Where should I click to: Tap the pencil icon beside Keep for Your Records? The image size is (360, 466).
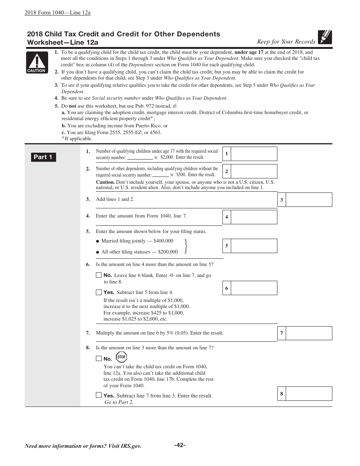click(x=325, y=37)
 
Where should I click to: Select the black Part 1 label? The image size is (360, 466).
click(x=43, y=157)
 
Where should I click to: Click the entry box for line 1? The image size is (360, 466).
click(x=254, y=154)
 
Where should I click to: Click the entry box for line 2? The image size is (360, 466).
click(x=254, y=171)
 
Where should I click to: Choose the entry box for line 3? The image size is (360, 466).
click(x=308, y=200)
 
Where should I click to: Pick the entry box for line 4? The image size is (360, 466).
click(x=254, y=217)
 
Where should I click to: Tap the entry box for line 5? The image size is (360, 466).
click(x=254, y=246)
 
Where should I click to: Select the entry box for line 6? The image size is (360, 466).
click(x=254, y=288)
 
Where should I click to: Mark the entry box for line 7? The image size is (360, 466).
click(x=308, y=333)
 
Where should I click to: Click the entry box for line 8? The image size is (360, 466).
click(x=308, y=394)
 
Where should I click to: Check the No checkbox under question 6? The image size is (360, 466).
click(x=99, y=275)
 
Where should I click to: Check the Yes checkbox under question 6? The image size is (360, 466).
click(x=99, y=292)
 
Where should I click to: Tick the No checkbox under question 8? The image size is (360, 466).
click(x=99, y=358)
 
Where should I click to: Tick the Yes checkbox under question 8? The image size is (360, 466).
click(x=99, y=395)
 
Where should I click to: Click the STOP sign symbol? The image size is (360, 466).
click(x=121, y=357)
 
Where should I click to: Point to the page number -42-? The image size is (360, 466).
click(x=180, y=445)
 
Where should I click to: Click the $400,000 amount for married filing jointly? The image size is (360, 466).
click(x=163, y=241)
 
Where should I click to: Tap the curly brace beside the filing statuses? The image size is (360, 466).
click(x=186, y=246)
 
